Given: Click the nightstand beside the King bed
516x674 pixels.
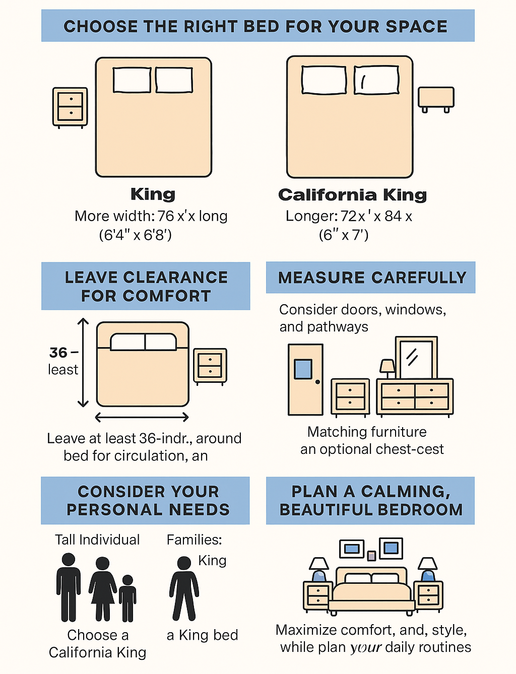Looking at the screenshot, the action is (70, 107).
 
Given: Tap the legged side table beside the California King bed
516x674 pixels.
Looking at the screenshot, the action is (436, 100).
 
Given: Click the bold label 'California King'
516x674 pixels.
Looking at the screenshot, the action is (352, 195).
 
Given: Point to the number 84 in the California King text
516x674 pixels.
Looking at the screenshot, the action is (393, 216).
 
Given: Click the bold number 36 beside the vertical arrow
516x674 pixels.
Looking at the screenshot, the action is (58, 353).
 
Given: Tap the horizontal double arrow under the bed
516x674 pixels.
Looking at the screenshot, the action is (142, 417).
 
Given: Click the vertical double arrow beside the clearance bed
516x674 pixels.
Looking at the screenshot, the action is (83, 363).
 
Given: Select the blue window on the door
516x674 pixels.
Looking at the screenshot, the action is (303, 369).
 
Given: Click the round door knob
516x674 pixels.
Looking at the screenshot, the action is (317, 382).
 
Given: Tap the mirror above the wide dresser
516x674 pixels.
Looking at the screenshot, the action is (416, 358).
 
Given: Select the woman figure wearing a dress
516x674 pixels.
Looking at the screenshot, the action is (103, 589).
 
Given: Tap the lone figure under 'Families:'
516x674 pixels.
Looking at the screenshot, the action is (184, 589).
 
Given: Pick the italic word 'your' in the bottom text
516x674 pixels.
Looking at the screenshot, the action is (366, 647).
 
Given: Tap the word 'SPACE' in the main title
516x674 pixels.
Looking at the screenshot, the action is (417, 26).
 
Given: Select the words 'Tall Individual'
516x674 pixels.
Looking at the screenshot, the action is (97, 540).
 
